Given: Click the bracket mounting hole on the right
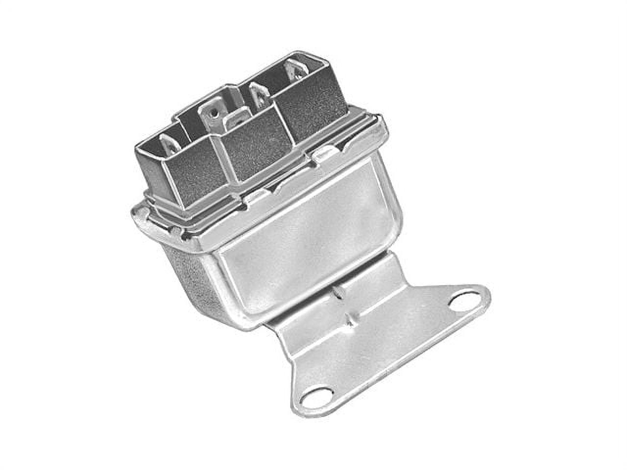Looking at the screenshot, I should (x=463, y=301).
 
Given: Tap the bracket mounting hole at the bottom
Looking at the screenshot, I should (x=313, y=396).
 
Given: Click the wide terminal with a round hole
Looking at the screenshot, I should (x=213, y=116).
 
